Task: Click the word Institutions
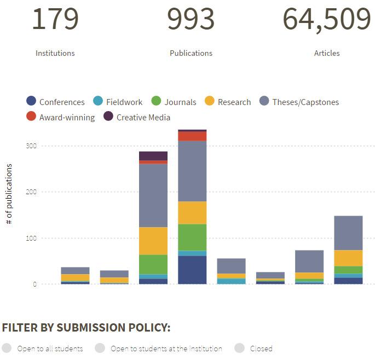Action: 55,53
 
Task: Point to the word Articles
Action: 327,53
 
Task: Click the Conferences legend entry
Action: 56,102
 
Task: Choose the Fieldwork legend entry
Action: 117,102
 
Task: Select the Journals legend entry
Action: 173,102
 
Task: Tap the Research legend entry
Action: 227,102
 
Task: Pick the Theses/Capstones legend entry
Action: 299,102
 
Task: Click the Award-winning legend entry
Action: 61,117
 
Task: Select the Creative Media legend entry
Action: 137,117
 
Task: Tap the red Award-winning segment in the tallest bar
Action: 192,136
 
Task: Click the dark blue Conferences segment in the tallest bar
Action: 192,270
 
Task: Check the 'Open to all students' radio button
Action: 7,349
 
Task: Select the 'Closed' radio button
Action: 239,349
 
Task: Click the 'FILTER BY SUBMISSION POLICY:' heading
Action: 86,328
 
